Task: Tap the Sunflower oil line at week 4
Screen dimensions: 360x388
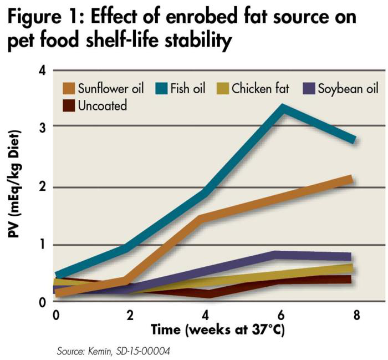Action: (x=205, y=218)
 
